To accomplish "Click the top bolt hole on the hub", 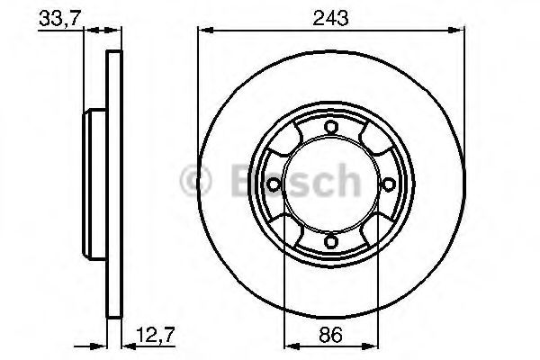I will (330, 127).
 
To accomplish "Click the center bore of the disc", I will (330, 184).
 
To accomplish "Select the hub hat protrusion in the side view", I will (94, 184).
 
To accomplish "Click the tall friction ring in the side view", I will (113, 184).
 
